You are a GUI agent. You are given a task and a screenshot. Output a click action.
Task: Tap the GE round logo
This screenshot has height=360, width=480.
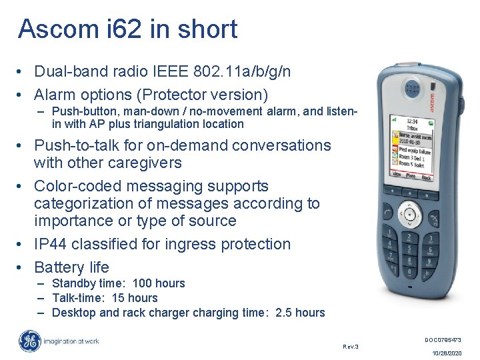point(30,342)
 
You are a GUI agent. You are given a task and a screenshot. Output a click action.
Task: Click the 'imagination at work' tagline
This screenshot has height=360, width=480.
point(72,341)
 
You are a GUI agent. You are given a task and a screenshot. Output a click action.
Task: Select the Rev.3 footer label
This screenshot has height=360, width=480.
point(351,347)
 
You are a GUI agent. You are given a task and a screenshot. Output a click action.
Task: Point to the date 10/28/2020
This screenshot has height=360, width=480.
point(446,353)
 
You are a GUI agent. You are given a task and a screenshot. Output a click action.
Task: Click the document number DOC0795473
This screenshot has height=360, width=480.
point(443,340)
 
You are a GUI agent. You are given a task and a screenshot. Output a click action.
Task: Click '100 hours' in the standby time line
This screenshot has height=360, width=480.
point(159,283)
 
